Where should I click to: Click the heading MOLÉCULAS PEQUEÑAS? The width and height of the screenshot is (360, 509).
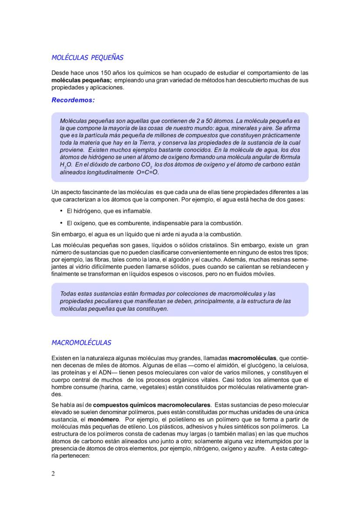pyautogui.click(x=87, y=57)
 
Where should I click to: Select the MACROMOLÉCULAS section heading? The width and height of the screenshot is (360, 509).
pyautogui.click(x=81, y=343)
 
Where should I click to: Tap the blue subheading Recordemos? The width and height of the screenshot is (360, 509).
pyautogui.click(x=73, y=100)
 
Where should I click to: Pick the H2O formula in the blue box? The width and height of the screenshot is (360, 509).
pyautogui.click(x=67, y=166)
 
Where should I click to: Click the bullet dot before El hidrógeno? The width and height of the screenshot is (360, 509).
pyautogui.click(x=60, y=211)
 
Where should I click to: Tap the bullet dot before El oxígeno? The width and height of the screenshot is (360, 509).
pyautogui.click(x=60, y=223)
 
